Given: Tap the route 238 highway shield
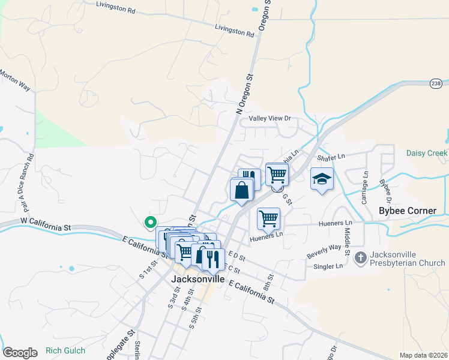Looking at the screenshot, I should click(x=436, y=83).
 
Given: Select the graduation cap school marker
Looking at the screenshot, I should click(x=322, y=178).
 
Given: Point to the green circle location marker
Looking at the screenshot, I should click(x=150, y=221).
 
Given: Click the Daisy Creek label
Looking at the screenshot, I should click(x=426, y=153).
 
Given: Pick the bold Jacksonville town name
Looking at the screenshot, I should click(x=197, y=279).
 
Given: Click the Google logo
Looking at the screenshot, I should click(x=20, y=352).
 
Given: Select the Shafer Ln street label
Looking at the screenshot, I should click(x=331, y=157).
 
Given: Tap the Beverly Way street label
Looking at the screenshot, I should click(x=324, y=247).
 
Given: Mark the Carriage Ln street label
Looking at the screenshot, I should click(x=364, y=187).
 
